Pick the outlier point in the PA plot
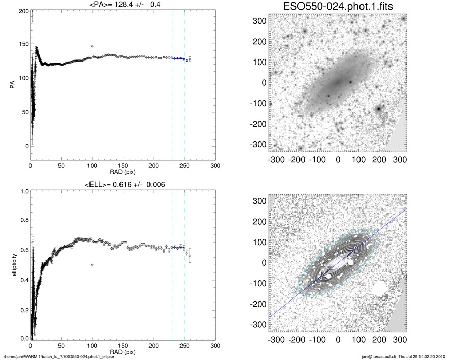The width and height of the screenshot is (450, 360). pyautogui.click(x=92, y=46)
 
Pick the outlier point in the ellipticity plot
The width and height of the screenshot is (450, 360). pyautogui.click(x=92, y=265)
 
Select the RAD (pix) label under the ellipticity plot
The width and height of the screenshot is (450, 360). pyautogui.click(x=122, y=351)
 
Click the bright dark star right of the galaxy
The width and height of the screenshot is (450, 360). pyautogui.click(x=378, y=108)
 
